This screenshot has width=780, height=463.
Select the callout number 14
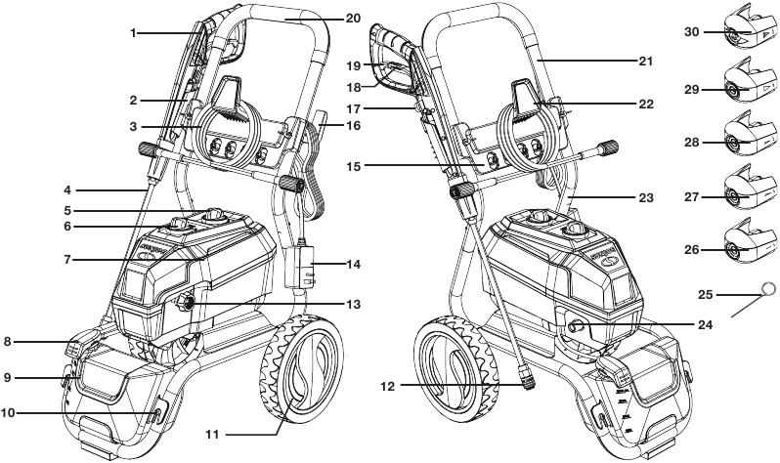coord(354,265)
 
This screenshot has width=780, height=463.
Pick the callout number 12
coord(388,387)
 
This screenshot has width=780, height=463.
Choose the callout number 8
coord(9,342)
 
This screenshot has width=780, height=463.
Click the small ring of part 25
coord(768,289)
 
